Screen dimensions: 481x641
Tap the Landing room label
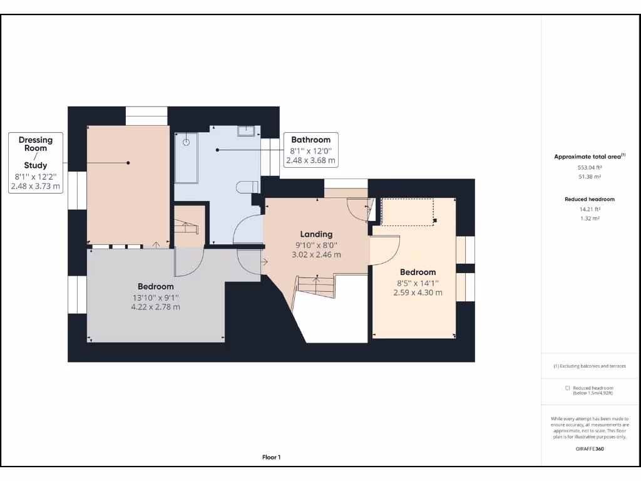point(316,234)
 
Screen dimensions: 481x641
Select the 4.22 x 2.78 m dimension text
point(155,307)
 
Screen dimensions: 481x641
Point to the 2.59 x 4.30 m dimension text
point(418,292)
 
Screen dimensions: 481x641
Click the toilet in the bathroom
point(248,187)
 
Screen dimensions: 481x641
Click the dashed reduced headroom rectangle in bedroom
point(408,212)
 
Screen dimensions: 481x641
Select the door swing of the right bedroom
point(384,250)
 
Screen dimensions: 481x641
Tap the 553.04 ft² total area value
point(590,168)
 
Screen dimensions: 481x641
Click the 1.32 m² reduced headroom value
point(590,219)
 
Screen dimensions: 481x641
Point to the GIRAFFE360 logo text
point(590,448)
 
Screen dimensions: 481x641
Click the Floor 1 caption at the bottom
point(271,457)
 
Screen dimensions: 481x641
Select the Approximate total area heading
point(588,157)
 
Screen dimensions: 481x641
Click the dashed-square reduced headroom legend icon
point(567,388)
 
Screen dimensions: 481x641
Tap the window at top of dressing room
point(146,116)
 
